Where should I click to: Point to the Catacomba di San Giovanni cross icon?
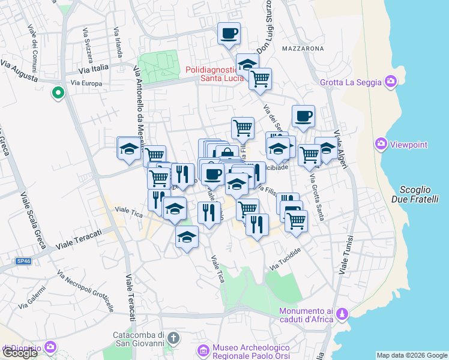(x=173, y=337)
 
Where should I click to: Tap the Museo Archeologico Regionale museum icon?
(x=203, y=350)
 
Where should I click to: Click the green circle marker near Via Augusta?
(x=58, y=93)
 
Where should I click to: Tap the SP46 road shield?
(x=23, y=261)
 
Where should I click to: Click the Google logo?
(x=20, y=353)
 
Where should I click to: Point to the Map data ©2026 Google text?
(x=412, y=355)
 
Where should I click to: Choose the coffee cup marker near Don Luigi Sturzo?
(x=228, y=34)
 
